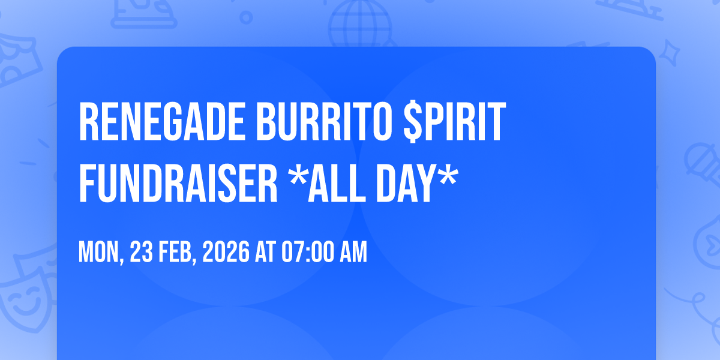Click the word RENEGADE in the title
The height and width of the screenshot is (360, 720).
pos(161,121)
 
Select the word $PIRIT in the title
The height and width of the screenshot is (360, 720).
pos(455,121)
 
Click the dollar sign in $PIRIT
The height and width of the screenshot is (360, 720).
pos(413,121)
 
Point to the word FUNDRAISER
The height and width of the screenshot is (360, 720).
pos(178,183)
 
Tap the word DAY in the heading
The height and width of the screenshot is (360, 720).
pos(408,183)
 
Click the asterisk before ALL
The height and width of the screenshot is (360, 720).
pos(298,175)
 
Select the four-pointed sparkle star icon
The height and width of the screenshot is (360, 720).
pos(669,53)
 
